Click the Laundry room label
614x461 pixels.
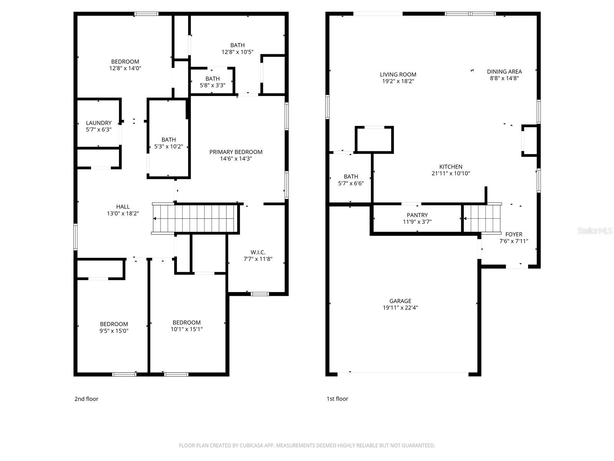(x=99, y=123)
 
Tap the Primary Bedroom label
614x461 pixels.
(x=236, y=152)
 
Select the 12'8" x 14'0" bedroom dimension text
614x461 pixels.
(x=125, y=68)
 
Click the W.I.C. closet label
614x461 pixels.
(x=258, y=252)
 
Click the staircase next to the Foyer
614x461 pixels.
(x=482, y=218)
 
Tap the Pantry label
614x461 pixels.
(x=417, y=215)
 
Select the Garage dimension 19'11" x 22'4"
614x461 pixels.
(x=400, y=308)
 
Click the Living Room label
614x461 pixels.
(x=398, y=75)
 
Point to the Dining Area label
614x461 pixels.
(x=504, y=71)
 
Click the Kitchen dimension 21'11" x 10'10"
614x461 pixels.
(x=451, y=173)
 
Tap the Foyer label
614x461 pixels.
(x=513, y=234)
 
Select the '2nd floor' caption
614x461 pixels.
(x=86, y=399)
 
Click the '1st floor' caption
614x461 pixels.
(x=337, y=399)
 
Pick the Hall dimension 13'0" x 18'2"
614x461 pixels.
(x=123, y=213)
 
